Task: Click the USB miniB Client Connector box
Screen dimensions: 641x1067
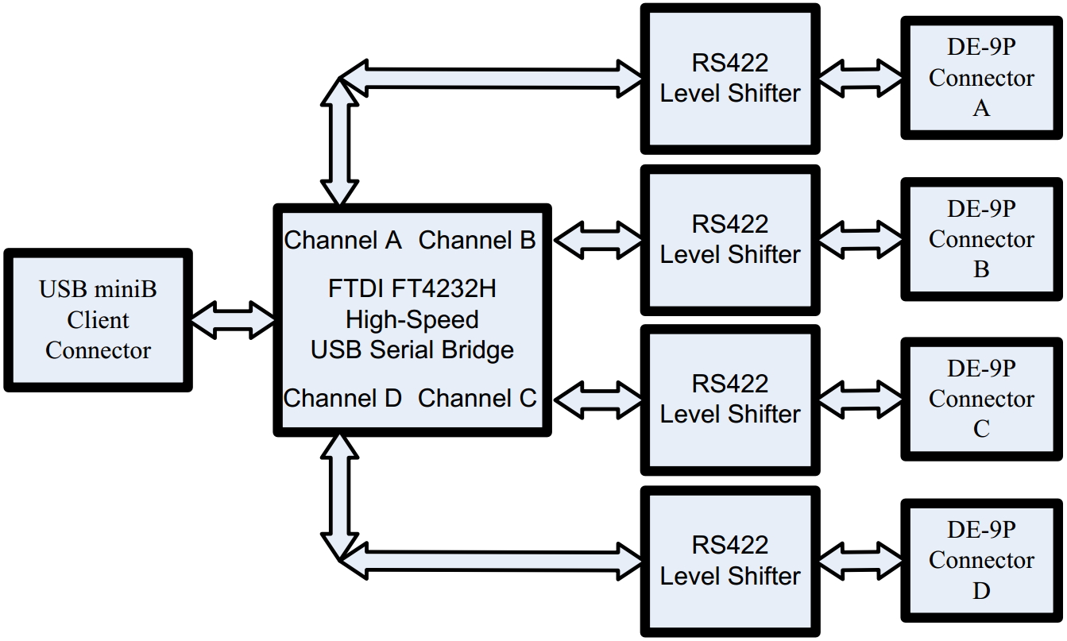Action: tap(98, 320)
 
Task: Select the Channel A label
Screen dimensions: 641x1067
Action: tap(342, 240)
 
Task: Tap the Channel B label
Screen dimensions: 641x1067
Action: tap(477, 240)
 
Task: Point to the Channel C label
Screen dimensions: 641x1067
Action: tap(477, 398)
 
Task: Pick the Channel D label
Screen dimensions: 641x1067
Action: tap(342, 398)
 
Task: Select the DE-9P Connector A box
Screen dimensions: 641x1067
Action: tap(981, 78)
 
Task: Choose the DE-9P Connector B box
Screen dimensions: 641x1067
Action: tap(981, 239)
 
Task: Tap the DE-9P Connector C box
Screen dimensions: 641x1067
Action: tap(981, 399)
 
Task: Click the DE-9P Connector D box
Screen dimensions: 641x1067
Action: tap(981, 560)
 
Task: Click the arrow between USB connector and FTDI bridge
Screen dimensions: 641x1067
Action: tap(233, 320)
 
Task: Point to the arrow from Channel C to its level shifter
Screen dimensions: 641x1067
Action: tap(597, 398)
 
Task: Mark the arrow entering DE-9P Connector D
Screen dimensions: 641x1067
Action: tap(860, 560)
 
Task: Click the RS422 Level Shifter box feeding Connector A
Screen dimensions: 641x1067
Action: tap(730, 78)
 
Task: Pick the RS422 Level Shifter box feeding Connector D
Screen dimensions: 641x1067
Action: tap(730, 560)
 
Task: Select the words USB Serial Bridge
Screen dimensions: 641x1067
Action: tap(412, 349)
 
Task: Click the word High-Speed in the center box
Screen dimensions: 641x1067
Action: tap(412, 319)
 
